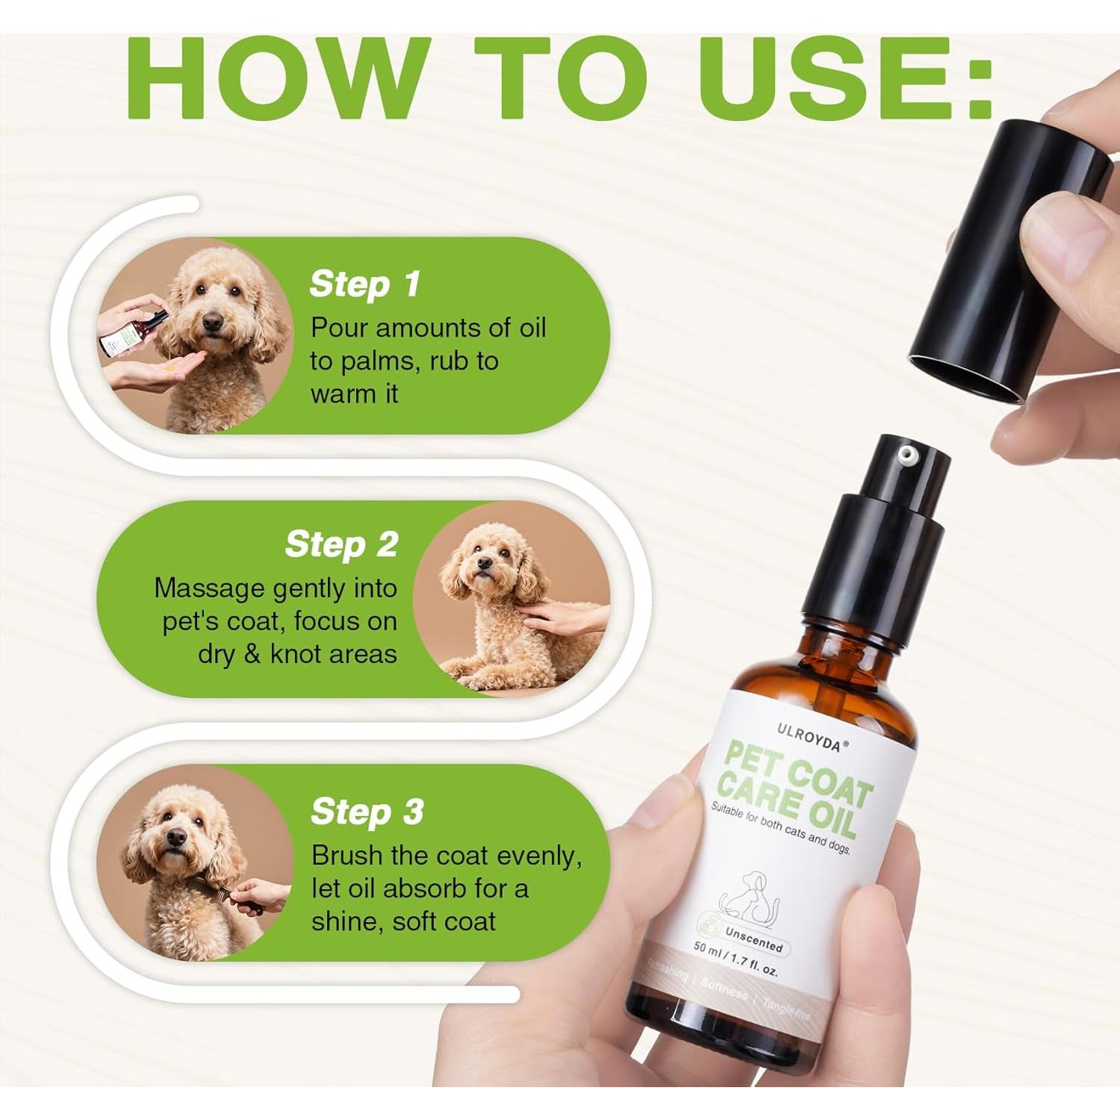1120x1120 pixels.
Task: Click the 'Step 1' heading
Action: [x=364, y=285]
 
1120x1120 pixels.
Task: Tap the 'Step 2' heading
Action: [x=341, y=545]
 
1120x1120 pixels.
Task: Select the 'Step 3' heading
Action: [x=367, y=812]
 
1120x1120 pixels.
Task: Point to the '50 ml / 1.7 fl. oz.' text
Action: [x=736, y=960]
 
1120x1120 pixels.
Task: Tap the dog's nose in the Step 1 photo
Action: [x=212, y=323]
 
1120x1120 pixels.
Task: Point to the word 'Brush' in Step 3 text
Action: [x=346, y=856]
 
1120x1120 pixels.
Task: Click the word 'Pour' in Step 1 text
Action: [x=336, y=328]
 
